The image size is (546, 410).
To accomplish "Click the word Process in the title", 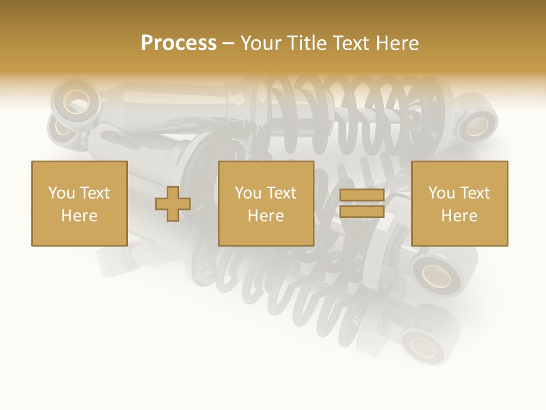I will [179, 43].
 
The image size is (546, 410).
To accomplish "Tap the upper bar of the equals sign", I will [362, 195].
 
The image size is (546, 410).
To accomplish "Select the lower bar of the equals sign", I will [362, 212].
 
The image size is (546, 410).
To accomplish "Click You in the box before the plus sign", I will [61, 193].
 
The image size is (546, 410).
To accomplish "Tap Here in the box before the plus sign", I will [79, 216].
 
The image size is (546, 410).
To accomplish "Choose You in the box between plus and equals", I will [248, 193].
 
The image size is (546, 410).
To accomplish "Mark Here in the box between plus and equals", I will [266, 216].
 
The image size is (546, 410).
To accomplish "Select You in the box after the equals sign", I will [441, 193].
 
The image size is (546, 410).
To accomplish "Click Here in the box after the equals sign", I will [459, 216].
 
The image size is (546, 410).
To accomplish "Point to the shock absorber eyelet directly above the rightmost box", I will [477, 125].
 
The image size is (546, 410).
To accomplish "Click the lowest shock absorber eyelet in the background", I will [422, 343].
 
